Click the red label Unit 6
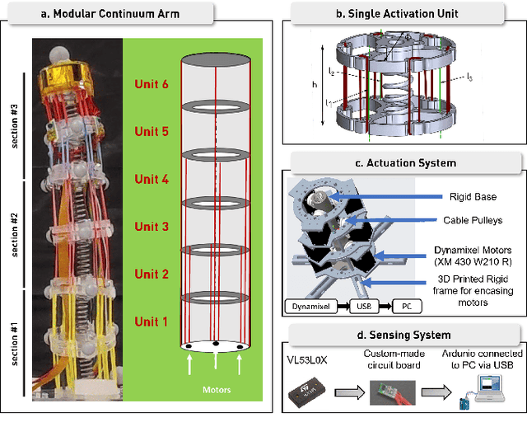click(x=152, y=83)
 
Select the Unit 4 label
click(x=152, y=179)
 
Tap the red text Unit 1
click(x=152, y=321)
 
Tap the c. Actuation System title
click(x=404, y=162)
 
